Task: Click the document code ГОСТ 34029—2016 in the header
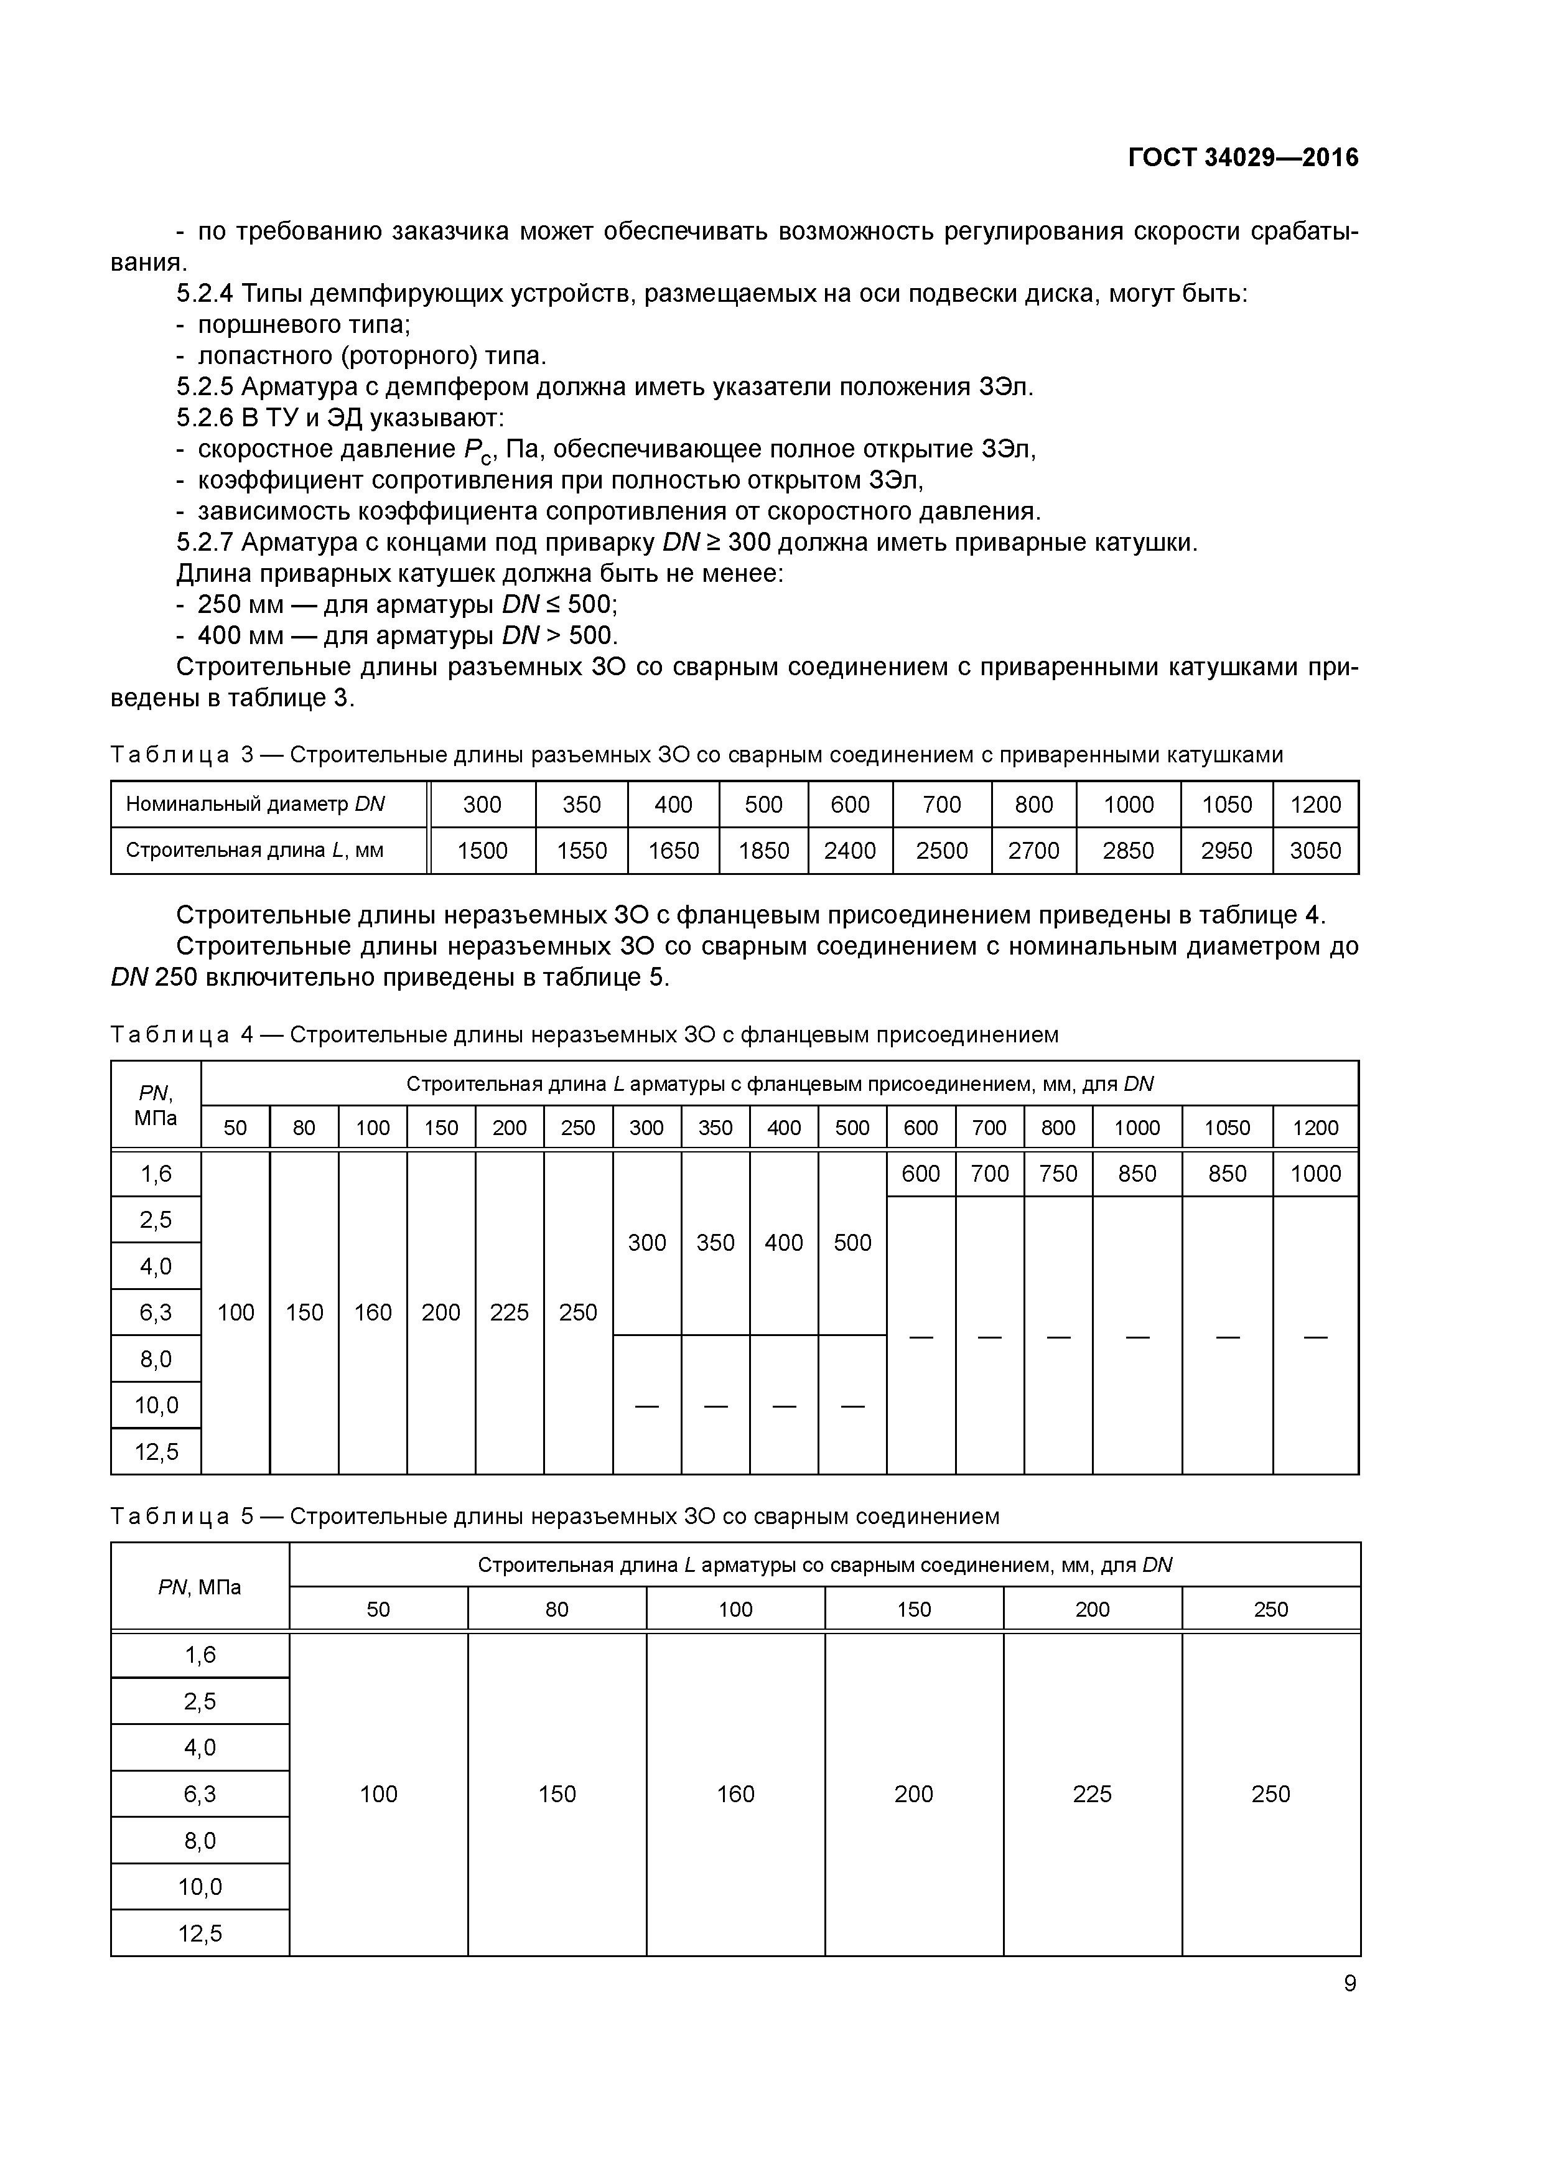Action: click(1242, 158)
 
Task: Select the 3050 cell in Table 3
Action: click(1315, 851)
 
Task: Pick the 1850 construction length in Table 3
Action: click(763, 851)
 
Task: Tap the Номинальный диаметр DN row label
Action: click(255, 805)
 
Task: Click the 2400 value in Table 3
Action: click(849, 851)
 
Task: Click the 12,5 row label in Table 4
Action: click(156, 1452)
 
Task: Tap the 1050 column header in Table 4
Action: click(1226, 1128)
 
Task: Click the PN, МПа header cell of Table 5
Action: click(200, 1587)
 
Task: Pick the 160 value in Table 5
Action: click(735, 1794)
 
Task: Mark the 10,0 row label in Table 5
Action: click(200, 1886)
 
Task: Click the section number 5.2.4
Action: click(205, 294)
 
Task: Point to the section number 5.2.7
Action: click(205, 543)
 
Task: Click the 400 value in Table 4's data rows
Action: click(783, 1243)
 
